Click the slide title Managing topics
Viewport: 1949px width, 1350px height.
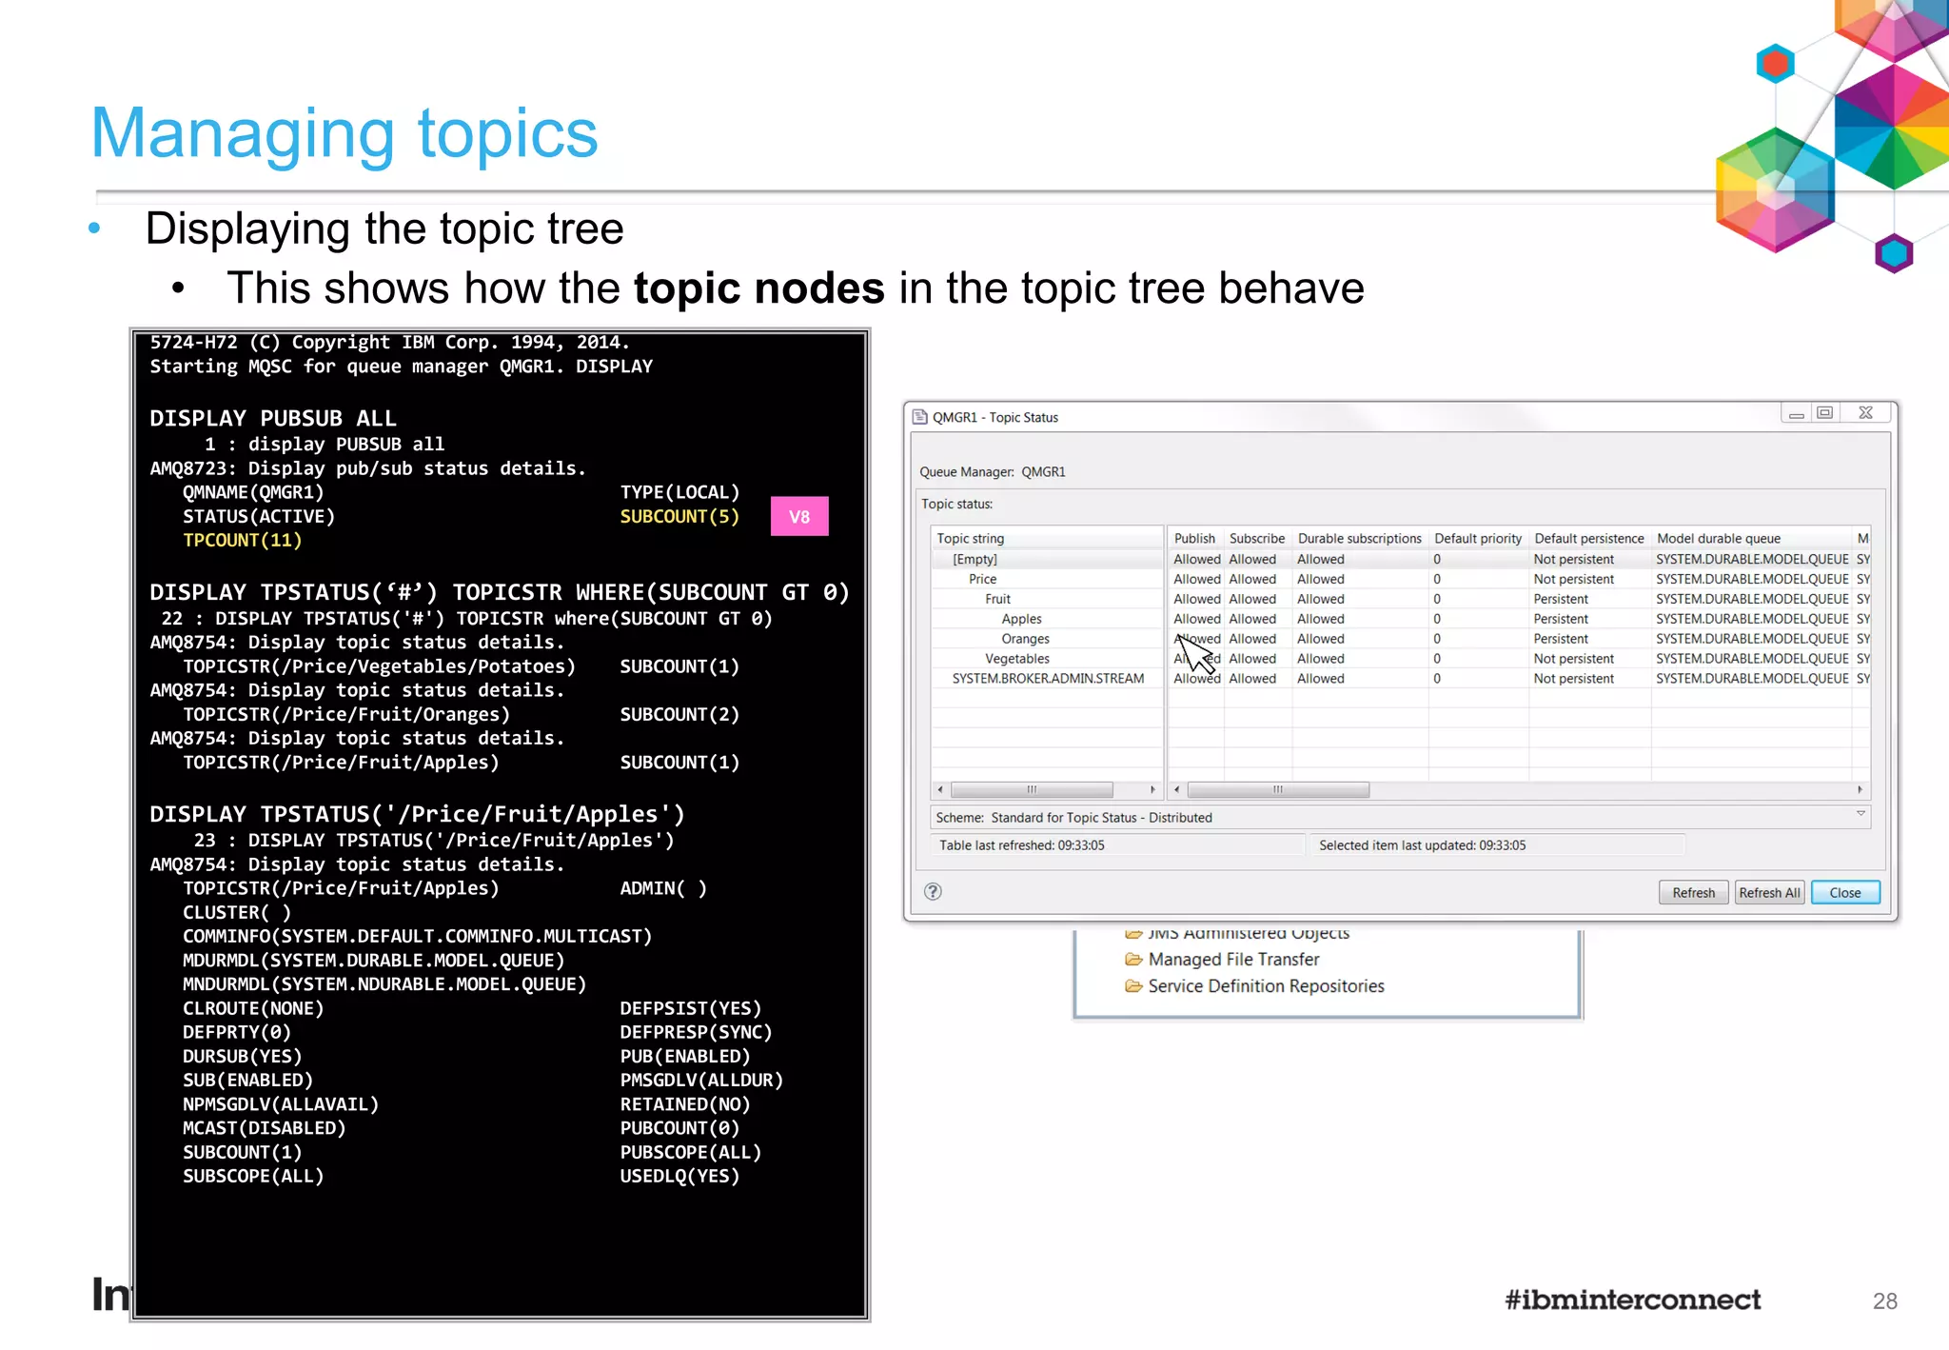pos(345,133)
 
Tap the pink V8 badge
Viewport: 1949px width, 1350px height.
pos(799,517)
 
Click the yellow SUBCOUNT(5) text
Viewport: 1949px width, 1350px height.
pos(679,517)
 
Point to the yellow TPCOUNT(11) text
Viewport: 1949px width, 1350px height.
pos(242,541)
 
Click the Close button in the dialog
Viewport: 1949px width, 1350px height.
pos(1844,893)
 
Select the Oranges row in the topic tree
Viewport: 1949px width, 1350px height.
pos(1025,639)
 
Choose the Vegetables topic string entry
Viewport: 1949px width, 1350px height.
pos(1016,659)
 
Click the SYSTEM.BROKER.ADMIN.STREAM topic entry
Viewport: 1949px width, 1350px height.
pos(1048,679)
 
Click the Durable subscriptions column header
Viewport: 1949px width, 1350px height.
pos(1359,539)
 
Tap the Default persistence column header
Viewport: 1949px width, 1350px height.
pos(1588,539)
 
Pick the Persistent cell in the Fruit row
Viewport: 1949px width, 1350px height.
pos(1561,599)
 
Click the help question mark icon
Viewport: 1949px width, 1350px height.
pos(933,892)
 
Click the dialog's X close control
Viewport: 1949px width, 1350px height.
pos(1865,413)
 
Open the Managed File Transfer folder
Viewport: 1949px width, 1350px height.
pos(1232,960)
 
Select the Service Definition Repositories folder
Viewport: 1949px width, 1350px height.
pos(1265,986)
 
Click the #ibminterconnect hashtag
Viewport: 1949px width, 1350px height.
pos(1632,1300)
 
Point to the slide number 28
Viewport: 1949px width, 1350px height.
pos(1884,1301)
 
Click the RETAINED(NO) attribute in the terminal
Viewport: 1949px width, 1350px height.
pos(685,1104)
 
